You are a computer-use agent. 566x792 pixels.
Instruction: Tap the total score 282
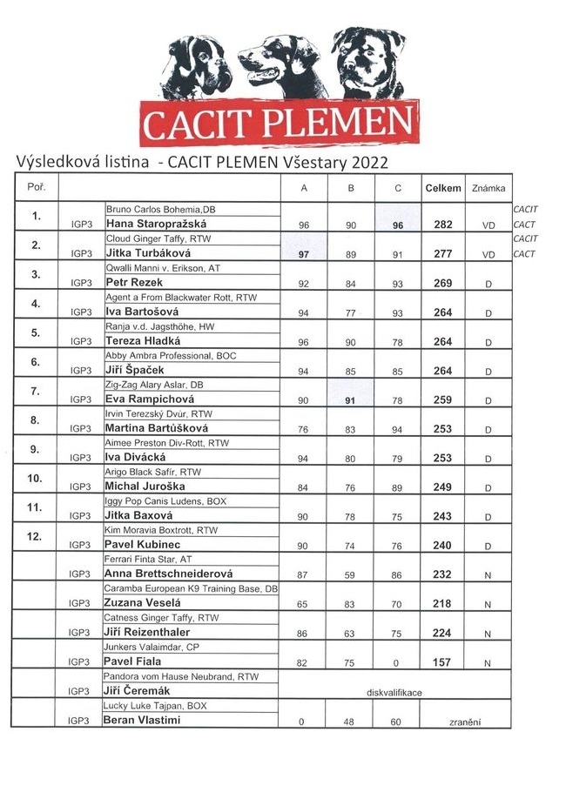442,225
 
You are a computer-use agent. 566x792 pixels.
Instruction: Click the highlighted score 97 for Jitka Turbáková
304,253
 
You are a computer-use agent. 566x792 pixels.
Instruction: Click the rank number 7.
36,392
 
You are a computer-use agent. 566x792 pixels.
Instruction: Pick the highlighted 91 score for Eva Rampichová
351,399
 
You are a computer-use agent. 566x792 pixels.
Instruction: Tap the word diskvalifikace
397,691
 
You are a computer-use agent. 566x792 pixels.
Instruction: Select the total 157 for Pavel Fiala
442,662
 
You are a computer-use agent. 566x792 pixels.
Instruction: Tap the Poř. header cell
37,187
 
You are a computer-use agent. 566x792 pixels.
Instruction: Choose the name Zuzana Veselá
142,603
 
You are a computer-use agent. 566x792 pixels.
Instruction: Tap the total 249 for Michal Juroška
442,487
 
